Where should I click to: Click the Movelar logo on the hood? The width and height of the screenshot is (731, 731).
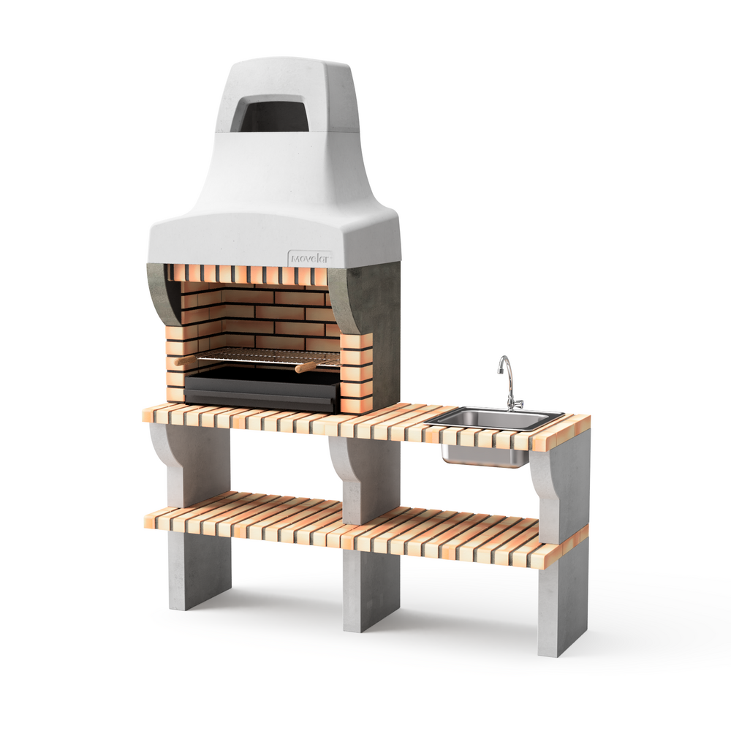click(310, 258)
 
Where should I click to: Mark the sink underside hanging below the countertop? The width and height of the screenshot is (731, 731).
click(484, 454)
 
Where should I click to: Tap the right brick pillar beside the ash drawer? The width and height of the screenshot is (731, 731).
click(356, 373)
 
